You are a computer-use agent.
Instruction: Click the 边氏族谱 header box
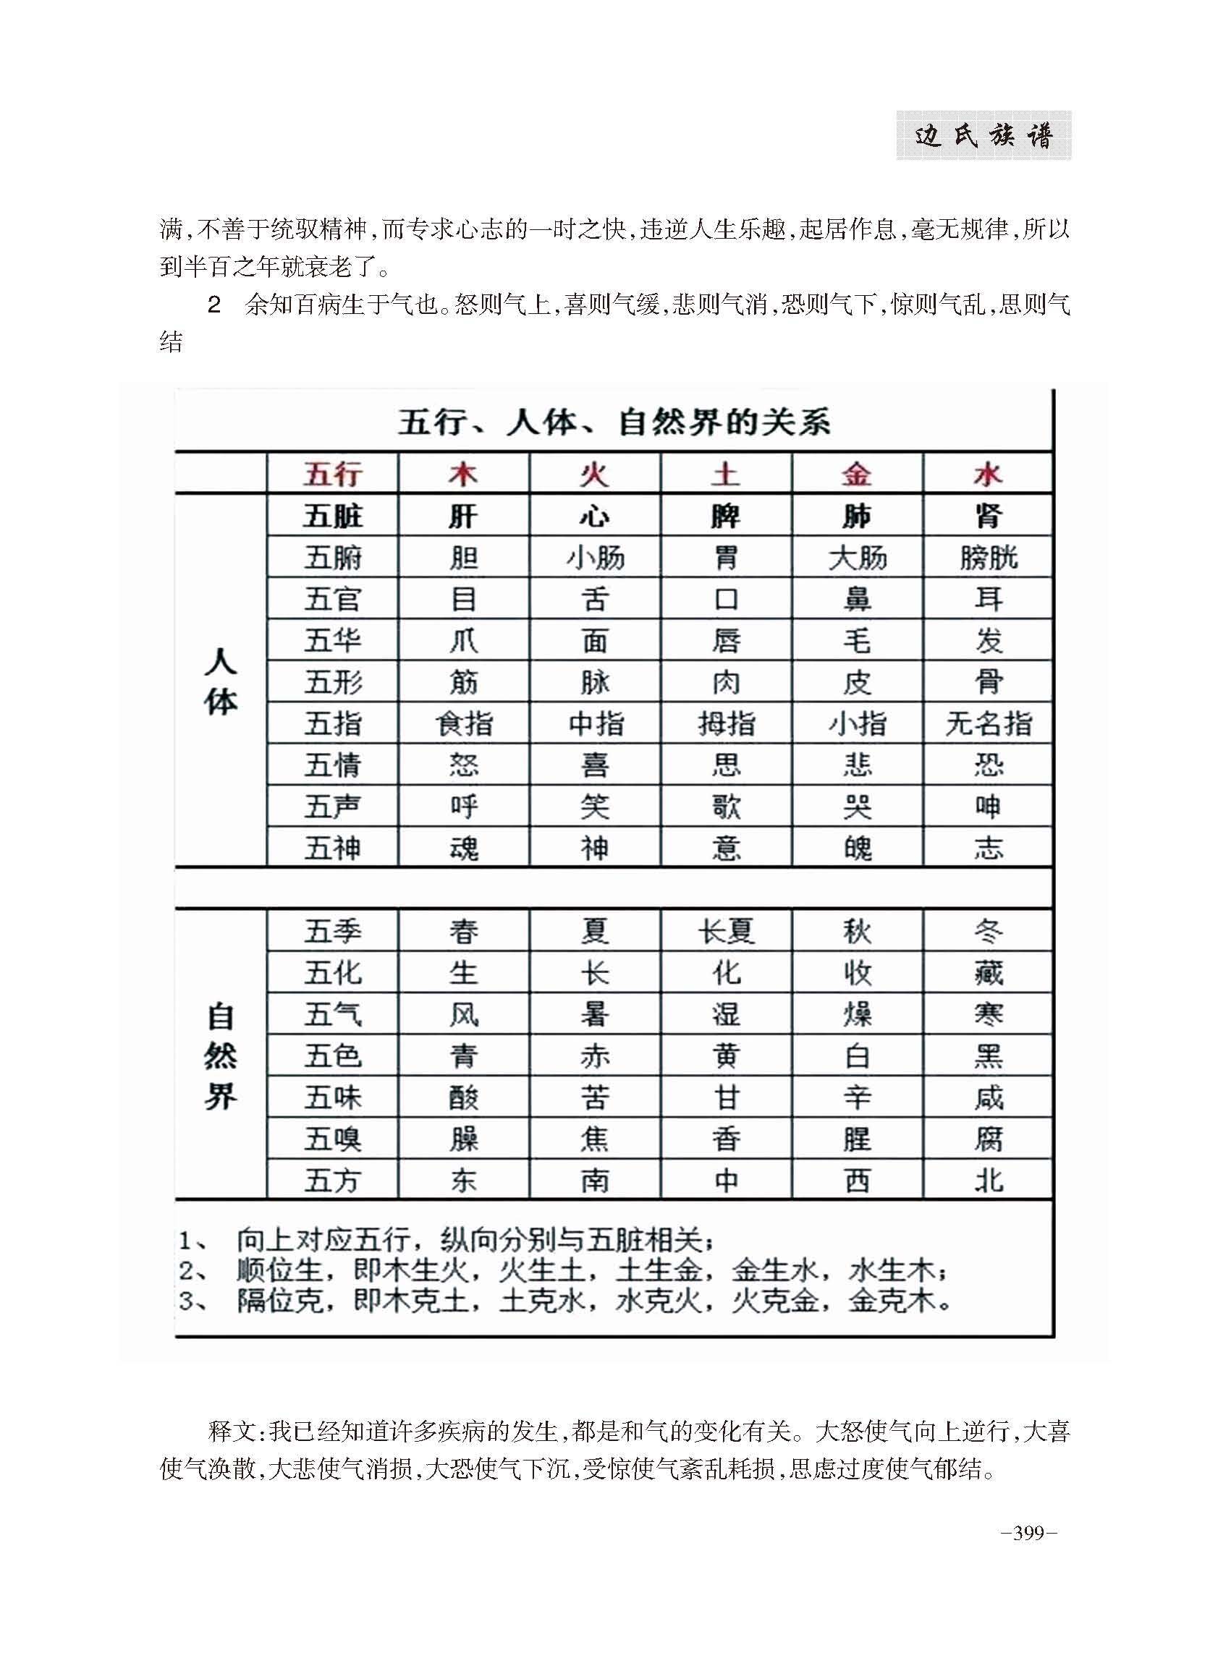pyautogui.click(x=983, y=135)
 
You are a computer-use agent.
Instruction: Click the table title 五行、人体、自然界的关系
pyautogui.click(x=613, y=422)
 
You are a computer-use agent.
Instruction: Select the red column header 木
pyautogui.click(x=462, y=474)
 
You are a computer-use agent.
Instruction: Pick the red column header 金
pyautogui.click(x=857, y=474)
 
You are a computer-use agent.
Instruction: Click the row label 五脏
pyautogui.click(x=332, y=516)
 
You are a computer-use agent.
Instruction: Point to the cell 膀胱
pyautogui.click(x=988, y=557)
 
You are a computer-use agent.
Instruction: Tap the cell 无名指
pyautogui.click(x=988, y=723)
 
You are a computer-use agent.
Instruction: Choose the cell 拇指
pyautogui.click(x=726, y=723)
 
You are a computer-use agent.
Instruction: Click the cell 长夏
pyautogui.click(x=726, y=931)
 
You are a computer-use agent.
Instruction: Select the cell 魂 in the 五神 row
pyautogui.click(x=462, y=849)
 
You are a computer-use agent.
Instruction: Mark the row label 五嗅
pyautogui.click(x=332, y=1139)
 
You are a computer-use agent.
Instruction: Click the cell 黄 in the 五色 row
pyautogui.click(x=726, y=1055)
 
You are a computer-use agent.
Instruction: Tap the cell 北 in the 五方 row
pyautogui.click(x=988, y=1181)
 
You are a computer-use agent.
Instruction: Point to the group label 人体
pyautogui.click(x=221, y=681)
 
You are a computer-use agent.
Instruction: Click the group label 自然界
pyautogui.click(x=221, y=1056)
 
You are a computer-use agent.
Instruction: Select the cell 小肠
pyautogui.click(x=595, y=557)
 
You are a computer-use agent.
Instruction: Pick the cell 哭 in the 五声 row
pyautogui.click(x=857, y=807)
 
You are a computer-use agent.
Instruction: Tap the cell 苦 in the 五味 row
pyautogui.click(x=595, y=1097)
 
